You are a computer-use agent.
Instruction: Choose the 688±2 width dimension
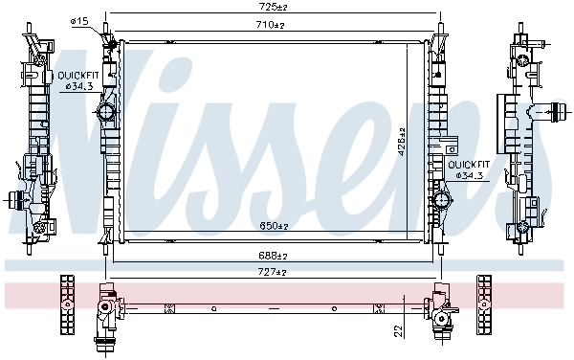276,256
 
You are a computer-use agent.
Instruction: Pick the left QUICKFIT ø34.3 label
76,80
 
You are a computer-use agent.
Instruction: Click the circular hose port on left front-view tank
105,113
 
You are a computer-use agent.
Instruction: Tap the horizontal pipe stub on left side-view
16,200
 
